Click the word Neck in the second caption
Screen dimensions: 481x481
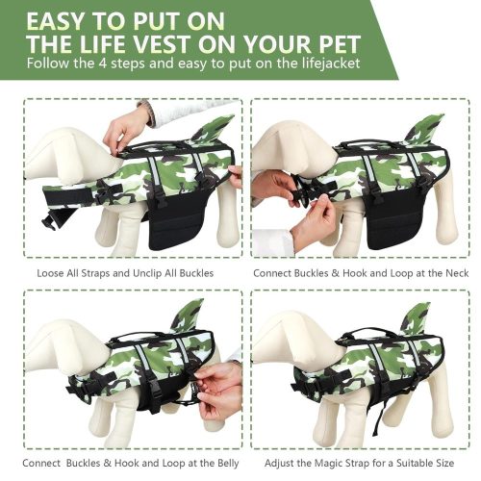point(457,273)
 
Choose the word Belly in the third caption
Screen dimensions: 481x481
point(228,464)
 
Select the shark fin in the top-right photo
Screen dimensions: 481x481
point(425,130)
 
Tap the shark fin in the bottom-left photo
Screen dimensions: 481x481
point(189,315)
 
